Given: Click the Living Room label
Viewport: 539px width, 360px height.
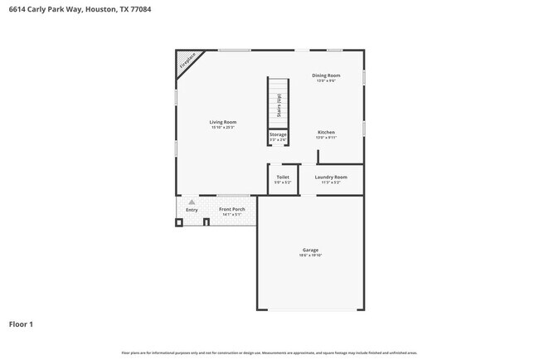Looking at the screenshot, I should (x=222, y=122).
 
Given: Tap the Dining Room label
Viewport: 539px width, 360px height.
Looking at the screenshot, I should (x=326, y=75).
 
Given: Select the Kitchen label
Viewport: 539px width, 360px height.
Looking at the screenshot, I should (x=326, y=133).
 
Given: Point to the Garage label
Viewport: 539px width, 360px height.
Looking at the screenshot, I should (x=310, y=250).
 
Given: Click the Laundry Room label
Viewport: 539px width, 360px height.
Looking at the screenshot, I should (x=330, y=177).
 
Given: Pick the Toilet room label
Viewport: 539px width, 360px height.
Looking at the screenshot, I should (x=283, y=177).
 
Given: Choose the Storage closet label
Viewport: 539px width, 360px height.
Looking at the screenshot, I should (x=278, y=134).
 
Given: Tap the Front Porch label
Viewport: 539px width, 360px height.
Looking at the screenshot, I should (x=231, y=209).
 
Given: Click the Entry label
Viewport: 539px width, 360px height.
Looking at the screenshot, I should (x=192, y=210).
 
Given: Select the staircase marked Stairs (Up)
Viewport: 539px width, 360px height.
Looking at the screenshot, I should (x=278, y=103).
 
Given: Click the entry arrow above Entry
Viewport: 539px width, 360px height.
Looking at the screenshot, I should (x=192, y=202).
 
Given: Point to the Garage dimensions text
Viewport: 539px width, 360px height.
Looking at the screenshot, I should (x=310, y=255).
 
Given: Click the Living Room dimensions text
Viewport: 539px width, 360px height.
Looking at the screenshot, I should (x=222, y=128).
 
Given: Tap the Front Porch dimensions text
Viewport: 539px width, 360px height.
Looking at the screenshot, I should (x=231, y=215).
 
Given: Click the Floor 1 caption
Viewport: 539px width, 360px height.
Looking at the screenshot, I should (x=22, y=324).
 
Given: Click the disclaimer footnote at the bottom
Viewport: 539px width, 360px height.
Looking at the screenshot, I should (x=269, y=353).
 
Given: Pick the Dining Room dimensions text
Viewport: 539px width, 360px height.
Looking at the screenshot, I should (x=326, y=80).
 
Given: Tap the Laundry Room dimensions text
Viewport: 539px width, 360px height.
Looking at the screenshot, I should (x=330, y=182).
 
